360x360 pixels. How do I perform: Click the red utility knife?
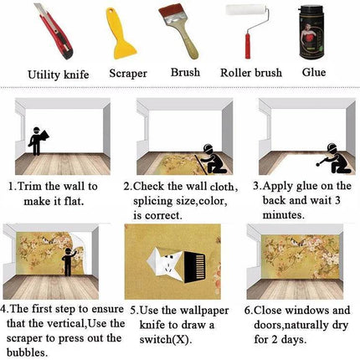[x=54, y=31]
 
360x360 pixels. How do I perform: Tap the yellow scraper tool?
[x=120, y=35]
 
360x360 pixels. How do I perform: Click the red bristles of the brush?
[x=170, y=13]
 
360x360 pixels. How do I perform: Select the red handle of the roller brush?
[x=248, y=46]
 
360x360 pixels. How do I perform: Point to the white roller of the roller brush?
[x=245, y=9]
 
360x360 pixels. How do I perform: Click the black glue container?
[x=311, y=33]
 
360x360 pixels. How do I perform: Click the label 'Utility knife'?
[x=59, y=75]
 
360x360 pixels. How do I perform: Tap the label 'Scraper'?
[x=128, y=74]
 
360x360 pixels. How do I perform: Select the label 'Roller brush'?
[x=251, y=73]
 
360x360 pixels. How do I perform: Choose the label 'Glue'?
[x=314, y=72]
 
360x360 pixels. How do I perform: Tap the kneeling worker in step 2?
[x=211, y=159]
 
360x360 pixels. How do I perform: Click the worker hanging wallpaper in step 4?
[x=69, y=261]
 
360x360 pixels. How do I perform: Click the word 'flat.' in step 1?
[x=75, y=201]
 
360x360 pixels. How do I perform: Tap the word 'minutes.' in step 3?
[x=283, y=215]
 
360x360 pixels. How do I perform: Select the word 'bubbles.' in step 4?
[x=27, y=352]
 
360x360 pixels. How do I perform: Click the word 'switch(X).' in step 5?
[x=166, y=339]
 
